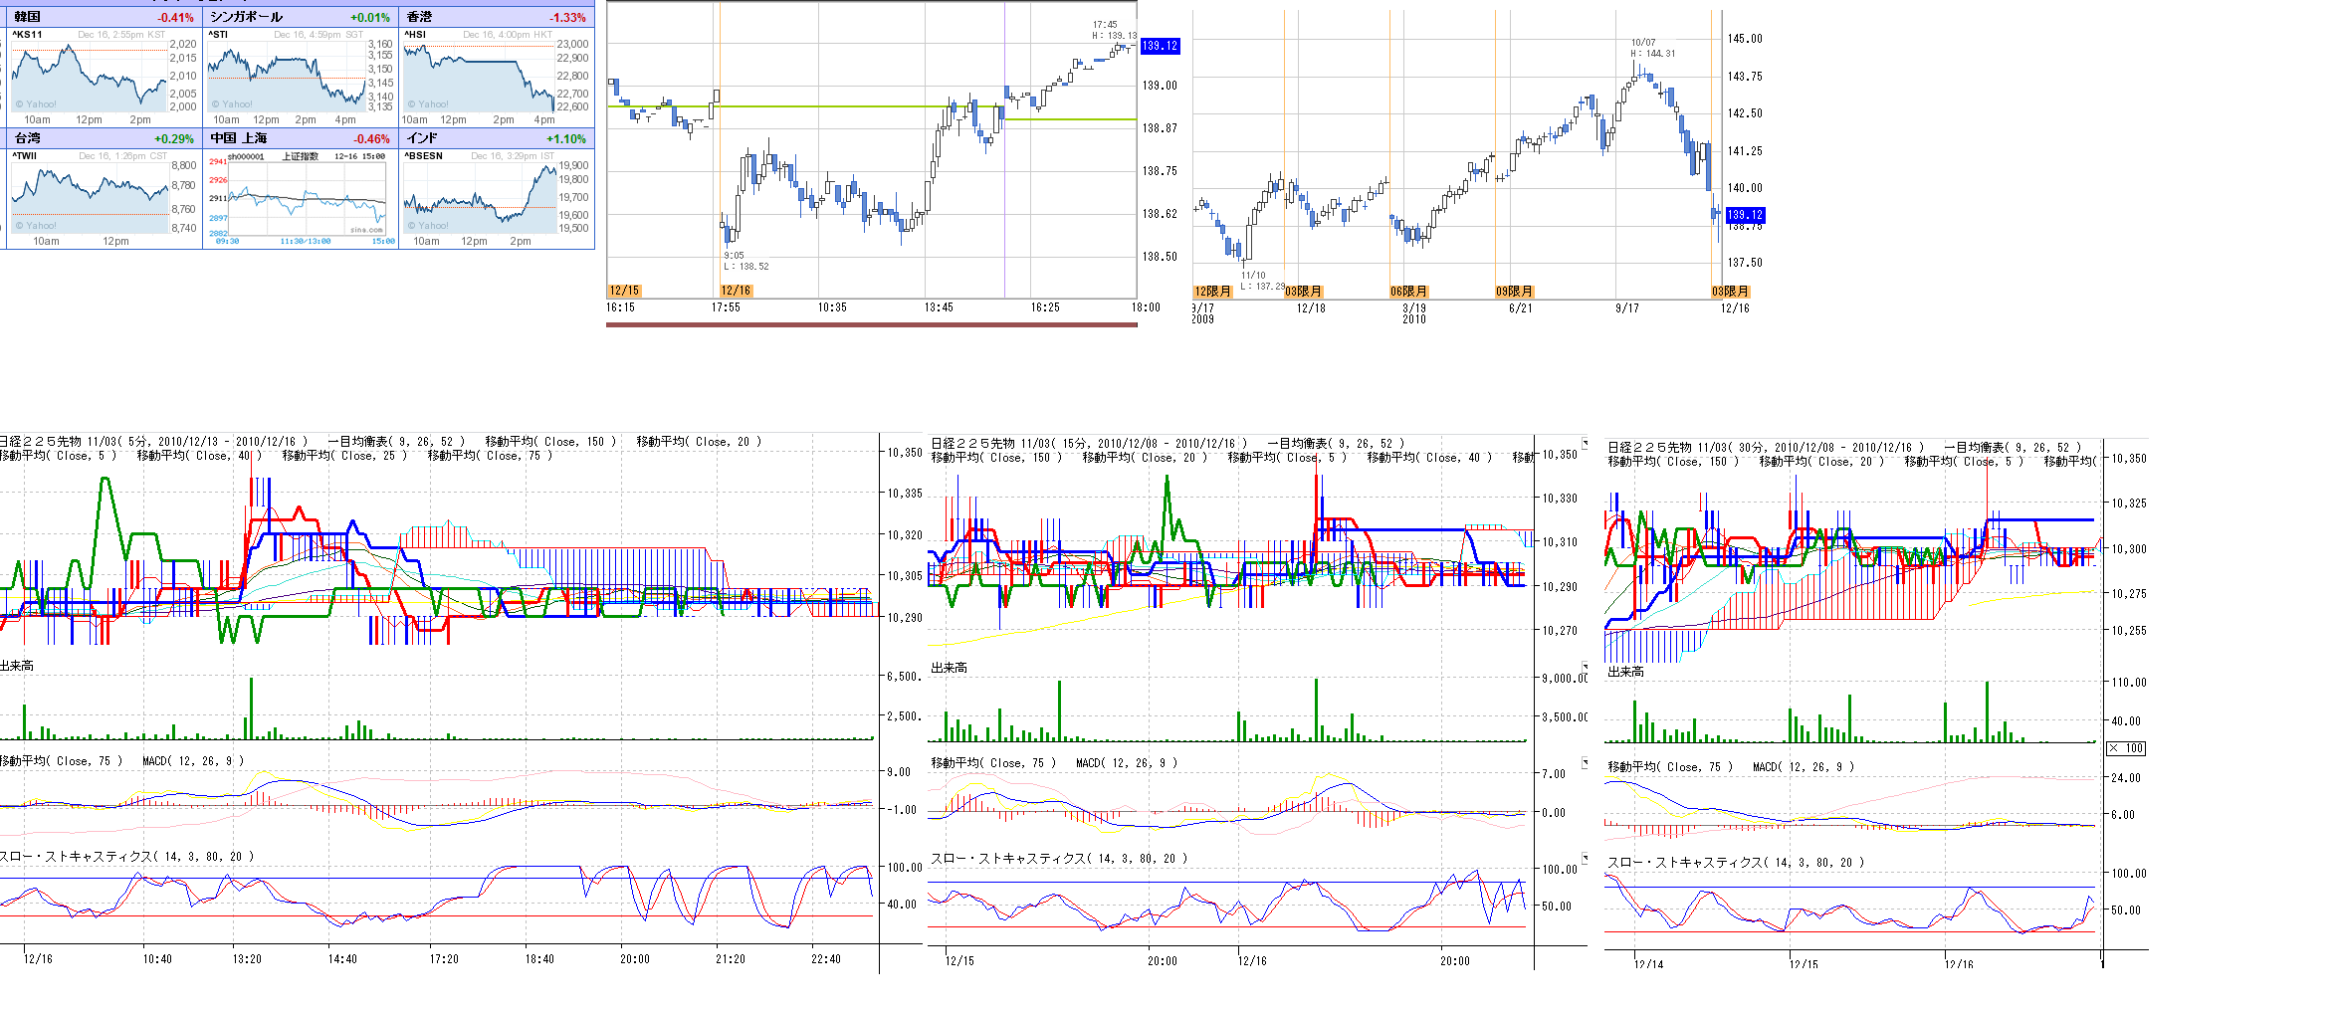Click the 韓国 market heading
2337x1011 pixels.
click(x=28, y=17)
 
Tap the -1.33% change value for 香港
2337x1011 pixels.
click(x=567, y=17)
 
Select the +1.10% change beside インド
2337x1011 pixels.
click(x=567, y=139)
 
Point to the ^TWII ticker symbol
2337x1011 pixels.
click(x=25, y=156)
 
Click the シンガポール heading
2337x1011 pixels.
click(x=247, y=17)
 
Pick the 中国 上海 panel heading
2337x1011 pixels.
click(x=239, y=139)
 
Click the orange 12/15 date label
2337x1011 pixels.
click(x=624, y=291)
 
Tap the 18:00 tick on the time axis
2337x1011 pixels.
click(x=1146, y=307)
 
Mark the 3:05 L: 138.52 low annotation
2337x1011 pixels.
click(x=745, y=261)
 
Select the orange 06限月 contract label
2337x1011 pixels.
click(x=1408, y=292)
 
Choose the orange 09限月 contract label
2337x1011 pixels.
click(x=1514, y=292)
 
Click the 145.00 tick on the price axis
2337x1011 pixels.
click(x=1745, y=39)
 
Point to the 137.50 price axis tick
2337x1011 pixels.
click(x=1745, y=263)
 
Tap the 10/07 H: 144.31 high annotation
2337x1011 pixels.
click(x=1652, y=48)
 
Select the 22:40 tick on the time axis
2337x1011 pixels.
click(x=826, y=959)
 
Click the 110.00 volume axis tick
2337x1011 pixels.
click(x=2129, y=683)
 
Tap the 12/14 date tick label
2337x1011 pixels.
click(x=1648, y=964)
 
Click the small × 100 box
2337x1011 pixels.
click(x=2127, y=748)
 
